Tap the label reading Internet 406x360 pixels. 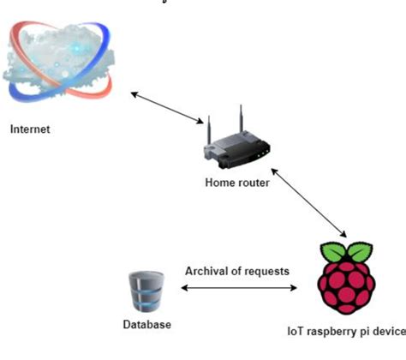(x=30, y=130)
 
